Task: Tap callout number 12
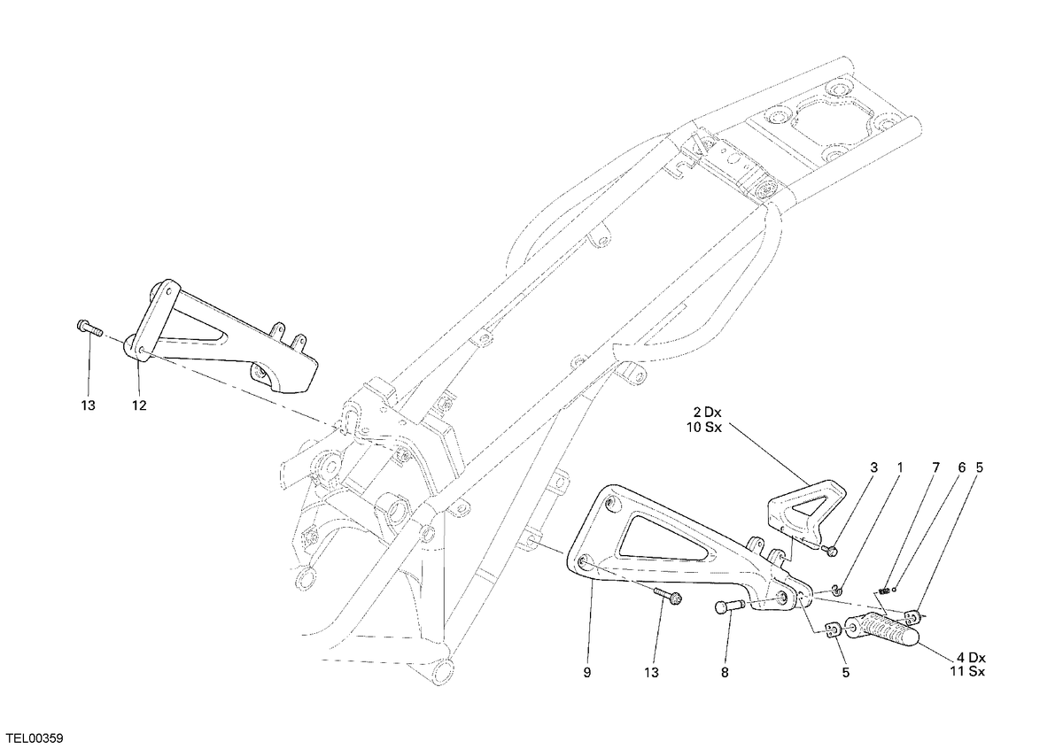click(139, 405)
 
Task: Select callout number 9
click(587, 673)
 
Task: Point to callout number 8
click(725, 673)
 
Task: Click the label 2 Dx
click(706, 413)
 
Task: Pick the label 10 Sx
click(703, 428)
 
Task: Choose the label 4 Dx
click(971, 658)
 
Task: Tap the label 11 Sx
click(967, 672)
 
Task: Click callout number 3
click(873, 467)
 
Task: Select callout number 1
click(899, 467)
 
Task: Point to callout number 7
click(935, 467)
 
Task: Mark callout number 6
click(961, 467)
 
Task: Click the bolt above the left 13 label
click(89, 328)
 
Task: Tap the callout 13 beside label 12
click(89, 405)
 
